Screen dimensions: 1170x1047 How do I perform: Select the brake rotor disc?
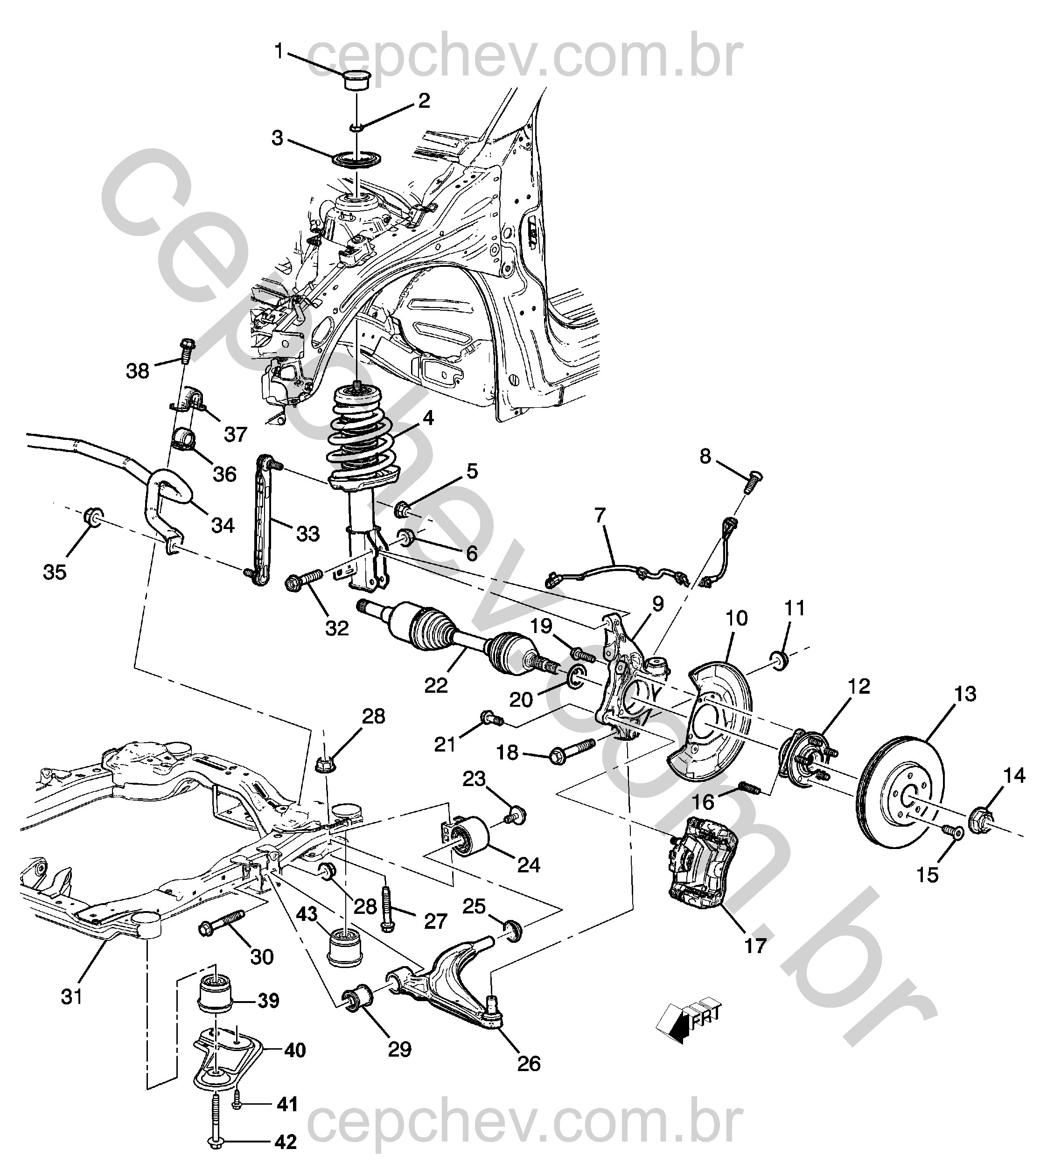[x=900, y=791]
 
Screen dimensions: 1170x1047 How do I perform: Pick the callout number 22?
[x=436, y=685]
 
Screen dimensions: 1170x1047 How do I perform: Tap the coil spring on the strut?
[x=360, y=443]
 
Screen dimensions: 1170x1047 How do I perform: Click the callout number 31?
[x=72, y=997]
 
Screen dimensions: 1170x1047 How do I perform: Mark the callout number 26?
[x=529, y=1064]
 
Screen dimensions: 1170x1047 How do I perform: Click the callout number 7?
[x=600, y=515]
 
